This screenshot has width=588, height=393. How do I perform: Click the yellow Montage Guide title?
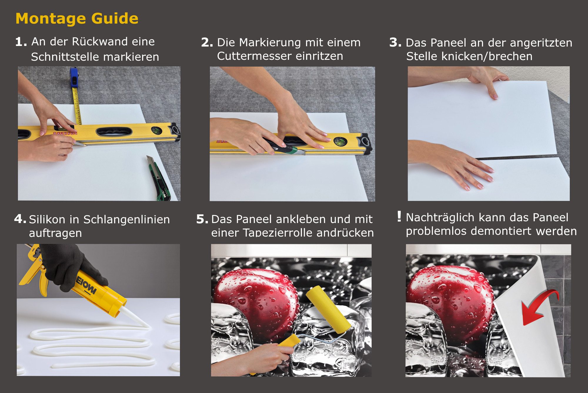(x=77, y=18)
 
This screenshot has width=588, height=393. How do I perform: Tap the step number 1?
(x=21, y=42)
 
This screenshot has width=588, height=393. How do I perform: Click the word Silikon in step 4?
(x=47, y=219)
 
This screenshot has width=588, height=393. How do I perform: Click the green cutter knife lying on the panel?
(x=158, y=178)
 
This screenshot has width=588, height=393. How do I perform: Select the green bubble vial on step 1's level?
(x=156, y=131)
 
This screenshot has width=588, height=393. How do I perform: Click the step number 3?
(x=395, y=42)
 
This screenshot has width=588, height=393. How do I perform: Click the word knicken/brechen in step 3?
(x=487, y=56)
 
